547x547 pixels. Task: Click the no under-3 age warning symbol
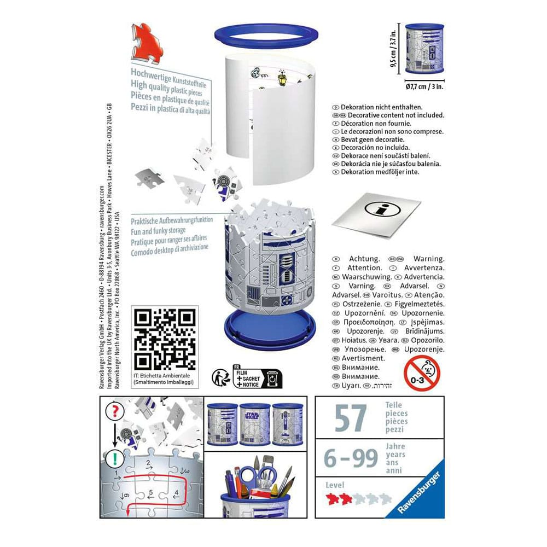point(421,373)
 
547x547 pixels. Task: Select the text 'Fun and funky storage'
point(159,231)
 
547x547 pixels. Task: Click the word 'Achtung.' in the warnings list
point(364,259)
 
